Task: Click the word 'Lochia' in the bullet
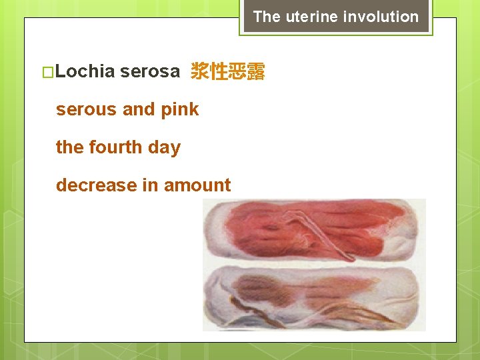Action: (x=86, y=71)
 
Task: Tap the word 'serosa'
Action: (x=150, y=71)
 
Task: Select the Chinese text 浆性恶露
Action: (x=228, y=71)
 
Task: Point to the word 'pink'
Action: (x=180, y=109)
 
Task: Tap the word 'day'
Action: (x=164, y=147)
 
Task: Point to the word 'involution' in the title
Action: (x=382, y=17)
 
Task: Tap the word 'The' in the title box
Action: (x=267, y=17)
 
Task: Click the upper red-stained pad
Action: (x=313, y=230)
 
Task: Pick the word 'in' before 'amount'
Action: (x=151, y=185)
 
